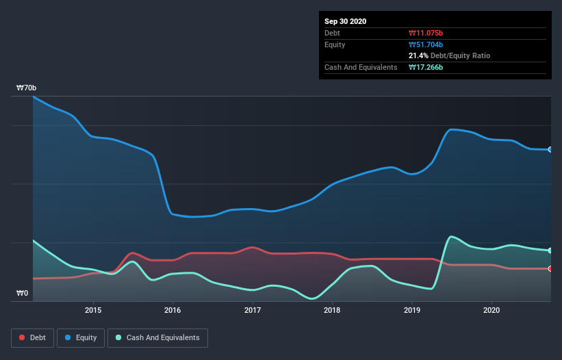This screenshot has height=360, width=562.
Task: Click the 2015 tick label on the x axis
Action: point(93,310)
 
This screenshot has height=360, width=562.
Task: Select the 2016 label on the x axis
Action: point(173,310)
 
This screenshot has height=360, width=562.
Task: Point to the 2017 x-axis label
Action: point(253,310)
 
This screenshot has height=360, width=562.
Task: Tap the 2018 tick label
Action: point(332,310)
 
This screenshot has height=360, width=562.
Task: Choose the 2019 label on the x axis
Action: point(412,310)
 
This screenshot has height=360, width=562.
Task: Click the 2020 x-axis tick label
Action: point(491,310)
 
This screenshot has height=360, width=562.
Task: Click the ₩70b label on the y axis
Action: point(27,88)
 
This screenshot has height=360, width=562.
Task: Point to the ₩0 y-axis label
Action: point(23,294)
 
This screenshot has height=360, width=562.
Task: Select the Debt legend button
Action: point(33,337)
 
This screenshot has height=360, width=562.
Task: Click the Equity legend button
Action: point(81,337)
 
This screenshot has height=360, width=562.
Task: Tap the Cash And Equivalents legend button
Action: point(157,337)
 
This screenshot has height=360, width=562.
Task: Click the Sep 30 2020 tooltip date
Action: point(346,21)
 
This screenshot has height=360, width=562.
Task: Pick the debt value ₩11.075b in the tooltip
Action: point(427,33)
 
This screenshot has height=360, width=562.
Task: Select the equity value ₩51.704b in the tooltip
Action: point(427,44)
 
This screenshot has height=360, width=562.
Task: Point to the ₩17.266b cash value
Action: point(427,67)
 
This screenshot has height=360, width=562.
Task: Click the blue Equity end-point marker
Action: point(550,149)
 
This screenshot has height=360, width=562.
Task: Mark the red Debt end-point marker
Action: point(550,268)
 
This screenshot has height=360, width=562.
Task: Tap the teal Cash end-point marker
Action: point(550,250)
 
